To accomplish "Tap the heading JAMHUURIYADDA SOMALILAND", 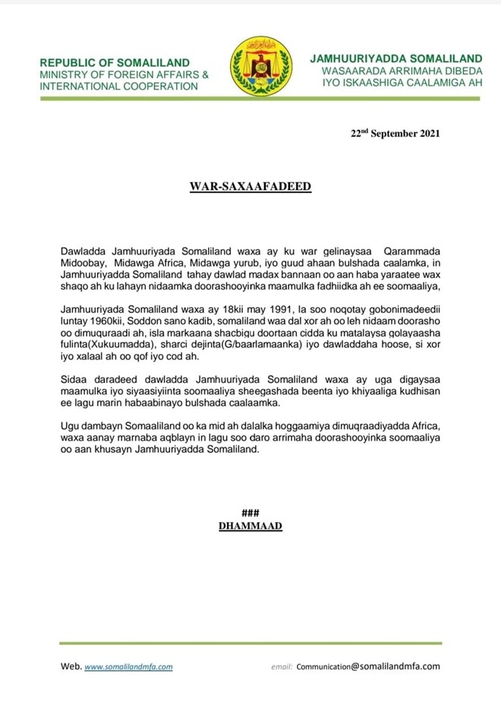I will (x=395, y=58).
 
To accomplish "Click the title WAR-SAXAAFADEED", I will (x=250, y=185).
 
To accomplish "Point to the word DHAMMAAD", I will (x=250, y=525).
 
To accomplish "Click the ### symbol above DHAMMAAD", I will (x=250, y=512).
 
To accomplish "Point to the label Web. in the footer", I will (x=71, y=666).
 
